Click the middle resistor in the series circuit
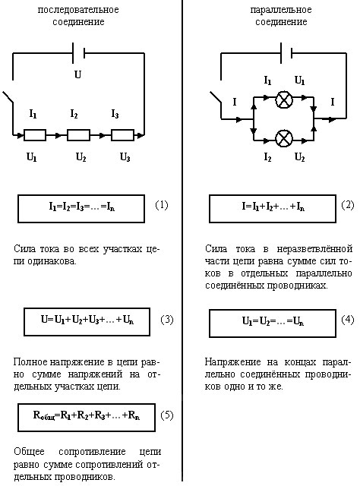coord(78,135)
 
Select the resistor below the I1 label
coord(35,135)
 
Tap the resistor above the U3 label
coord(122,135)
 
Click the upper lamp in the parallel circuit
coord(284,99)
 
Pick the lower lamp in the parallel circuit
coord(284,138)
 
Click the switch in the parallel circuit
coord(216,97)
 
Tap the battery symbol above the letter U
coord(78,53)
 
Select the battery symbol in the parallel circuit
coord(286,53)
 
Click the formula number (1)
coord(161,205)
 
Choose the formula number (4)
coord(347,319)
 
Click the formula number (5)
coord(167,415)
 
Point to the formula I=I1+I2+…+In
coord(273,207)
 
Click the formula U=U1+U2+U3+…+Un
coord(87,320)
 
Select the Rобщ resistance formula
coord(87,415)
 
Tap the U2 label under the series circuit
coord(81,157)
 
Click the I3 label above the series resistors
coord(115,114)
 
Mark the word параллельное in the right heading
coord(281,10)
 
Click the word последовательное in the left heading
coord(78,10)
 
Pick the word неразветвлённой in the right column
coord(314,248)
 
